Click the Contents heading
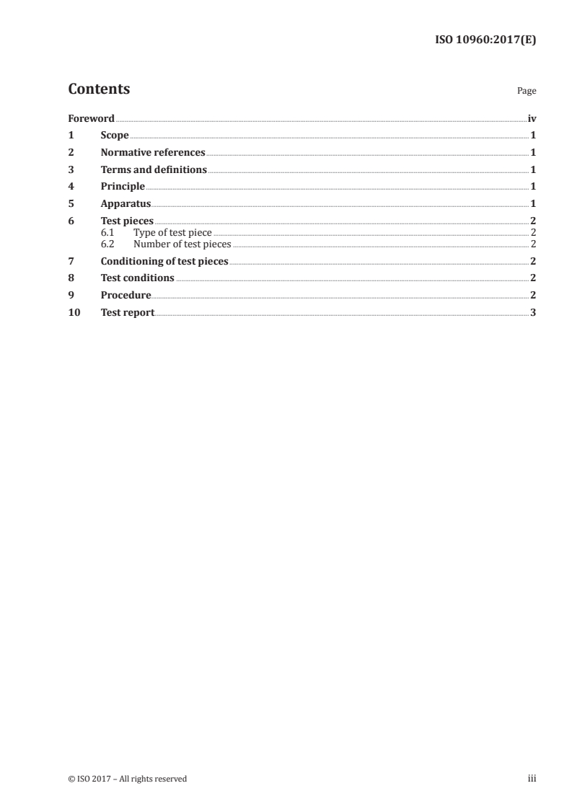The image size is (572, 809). [x=99, y=89]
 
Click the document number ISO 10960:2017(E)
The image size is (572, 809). [x=485, y=40]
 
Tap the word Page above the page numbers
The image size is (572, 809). [x=527, y=92]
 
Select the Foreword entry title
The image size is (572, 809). [x=91, y=118]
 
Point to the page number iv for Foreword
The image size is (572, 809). [x=532, y=118]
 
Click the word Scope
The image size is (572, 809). [x=115, y=136]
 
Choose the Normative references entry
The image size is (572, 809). [x=153, y=153]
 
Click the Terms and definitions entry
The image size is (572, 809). [x=154, y=170]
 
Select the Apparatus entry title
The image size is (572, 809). [x=126, y=204]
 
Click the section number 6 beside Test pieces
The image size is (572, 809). [x=71, y=221]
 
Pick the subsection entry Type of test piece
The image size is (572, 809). [x=172, y=233]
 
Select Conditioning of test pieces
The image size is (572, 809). [x=164, y=261]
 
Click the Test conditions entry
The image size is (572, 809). [x=137, y=278]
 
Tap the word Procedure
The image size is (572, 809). [x=126, y=296]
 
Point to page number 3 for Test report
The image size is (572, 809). [x=533, y=313]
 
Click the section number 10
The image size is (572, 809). [x=74, y=313]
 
